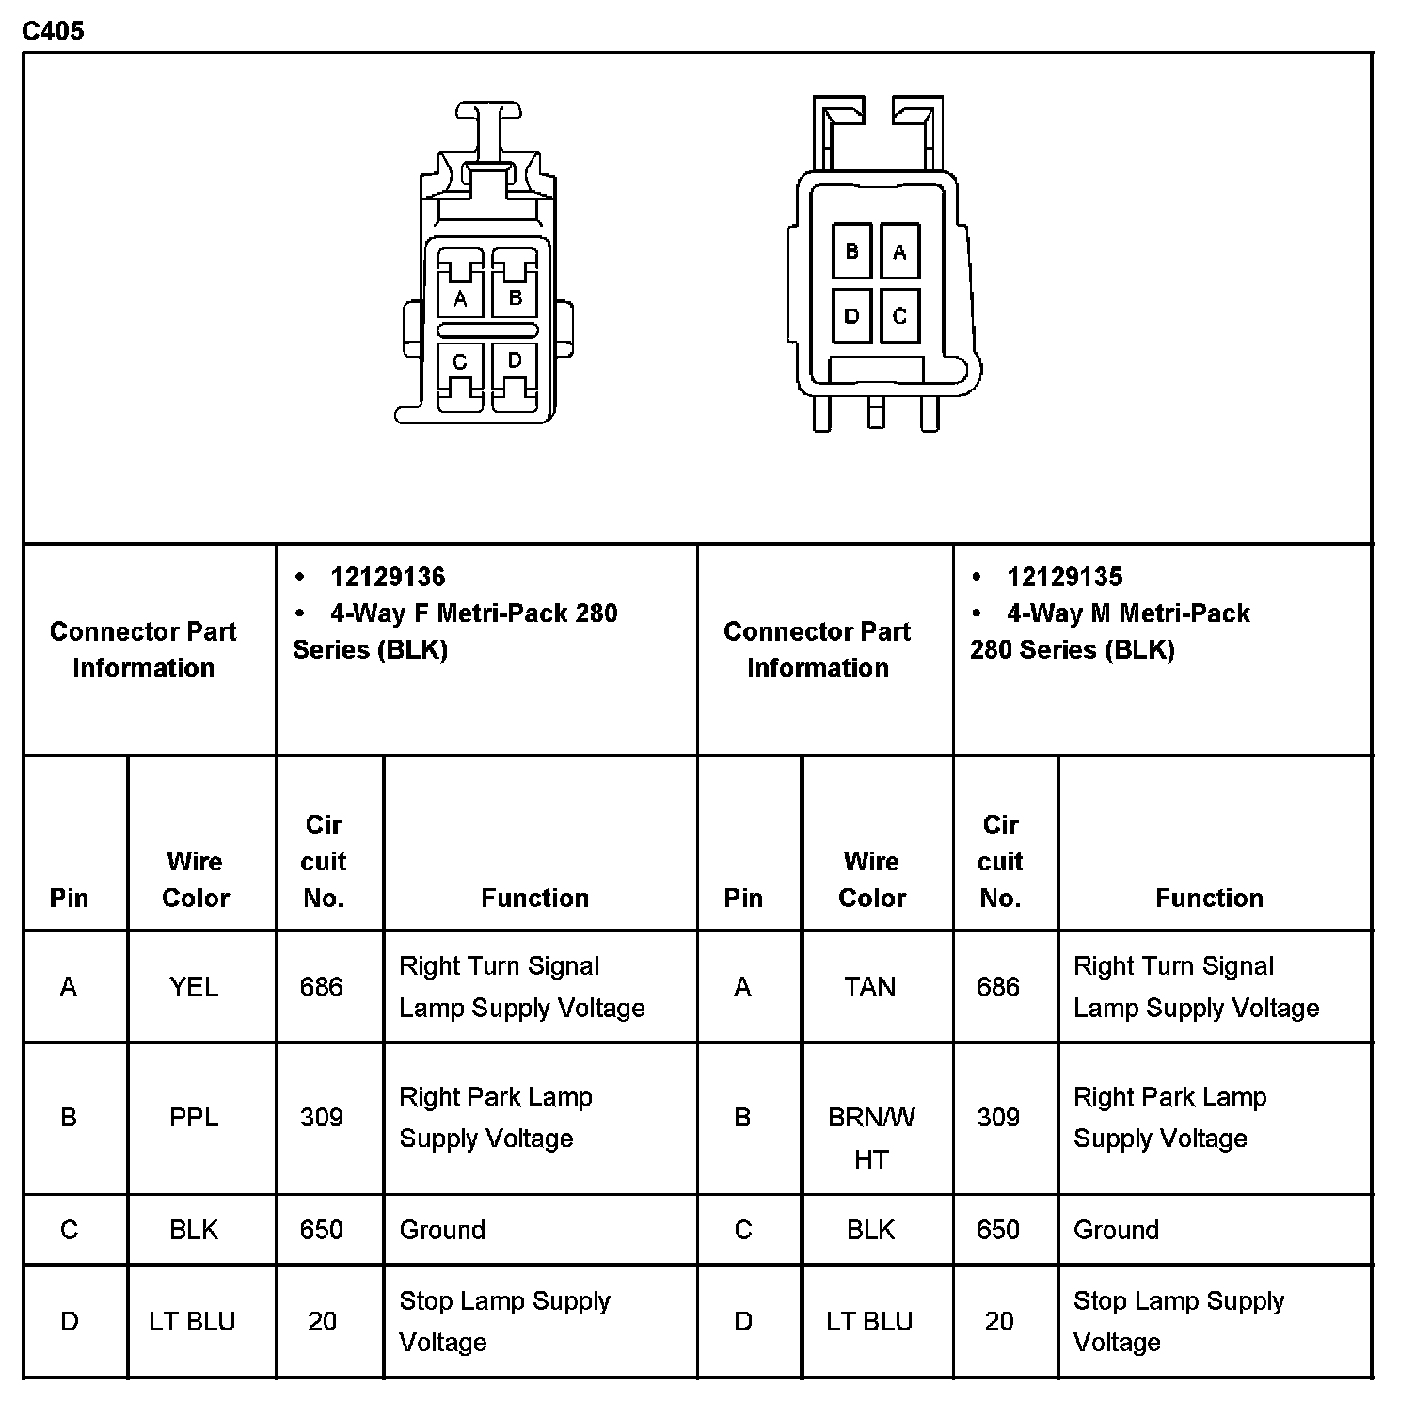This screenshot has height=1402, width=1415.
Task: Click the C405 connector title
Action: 53,31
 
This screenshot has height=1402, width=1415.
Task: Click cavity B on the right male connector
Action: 852,251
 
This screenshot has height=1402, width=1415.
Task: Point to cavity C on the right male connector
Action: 899,316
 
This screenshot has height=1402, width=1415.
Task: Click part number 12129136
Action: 388,577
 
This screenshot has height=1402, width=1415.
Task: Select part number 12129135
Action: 1064,577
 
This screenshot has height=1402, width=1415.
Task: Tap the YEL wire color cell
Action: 194,987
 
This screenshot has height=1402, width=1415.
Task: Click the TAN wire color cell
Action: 870,987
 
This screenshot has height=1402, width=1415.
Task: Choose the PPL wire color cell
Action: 194,1118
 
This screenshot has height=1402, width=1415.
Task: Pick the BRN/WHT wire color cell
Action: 871,1138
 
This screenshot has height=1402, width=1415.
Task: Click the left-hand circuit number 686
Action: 322,987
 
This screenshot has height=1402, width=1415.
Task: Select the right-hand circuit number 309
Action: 998,1118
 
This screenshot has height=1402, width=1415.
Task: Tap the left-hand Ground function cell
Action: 443,1230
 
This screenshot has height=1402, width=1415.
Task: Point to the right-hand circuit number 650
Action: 998,1230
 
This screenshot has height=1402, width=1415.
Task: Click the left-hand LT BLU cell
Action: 192,1322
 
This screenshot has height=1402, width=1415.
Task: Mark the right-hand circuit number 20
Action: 999,1322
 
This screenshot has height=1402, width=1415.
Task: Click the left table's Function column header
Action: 534,899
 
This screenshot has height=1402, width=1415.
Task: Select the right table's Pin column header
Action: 743,899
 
